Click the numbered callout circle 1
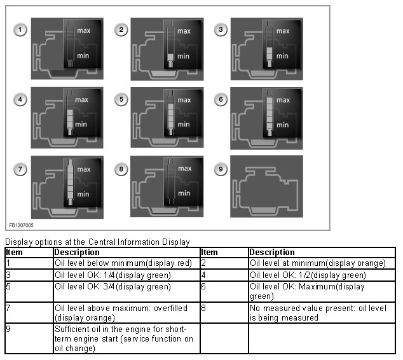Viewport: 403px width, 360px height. click(x=21, y=30)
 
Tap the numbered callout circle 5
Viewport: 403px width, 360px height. click(x=121, y=99)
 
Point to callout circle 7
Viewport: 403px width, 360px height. click(x=21, y=169)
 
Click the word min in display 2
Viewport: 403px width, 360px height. click(x=183, y=56)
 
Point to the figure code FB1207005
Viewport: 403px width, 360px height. click(x=22, y=225)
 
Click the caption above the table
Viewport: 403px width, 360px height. click(x=97, y=242)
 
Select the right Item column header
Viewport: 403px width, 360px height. click(x=209, y=253)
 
